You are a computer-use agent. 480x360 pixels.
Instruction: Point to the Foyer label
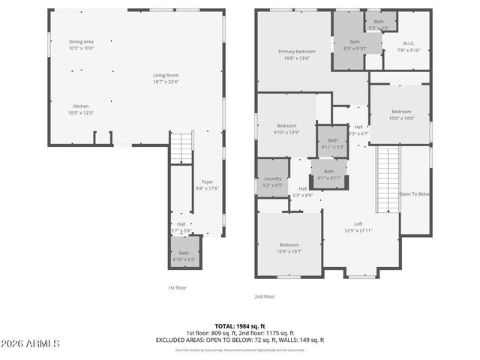[x=208, y=185]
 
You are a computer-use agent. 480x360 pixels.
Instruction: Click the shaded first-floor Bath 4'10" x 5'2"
[x=184, y=255]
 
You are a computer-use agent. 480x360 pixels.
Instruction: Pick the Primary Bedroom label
[x=296, y=54]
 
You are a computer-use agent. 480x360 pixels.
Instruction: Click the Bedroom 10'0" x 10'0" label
[x=401, y=114]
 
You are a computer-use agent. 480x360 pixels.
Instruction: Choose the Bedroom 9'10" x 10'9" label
[x=287, y=129]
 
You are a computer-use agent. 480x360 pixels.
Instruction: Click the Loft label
[x=358, y=227]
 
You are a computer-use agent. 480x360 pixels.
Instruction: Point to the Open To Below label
[x=415, y=193]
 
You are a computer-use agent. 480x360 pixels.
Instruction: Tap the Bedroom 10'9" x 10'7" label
[x=290, y=248]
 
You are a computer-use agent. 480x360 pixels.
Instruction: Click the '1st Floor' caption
[x=177, y=287]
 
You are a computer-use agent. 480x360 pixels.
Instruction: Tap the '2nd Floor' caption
[x=265, y=296]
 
